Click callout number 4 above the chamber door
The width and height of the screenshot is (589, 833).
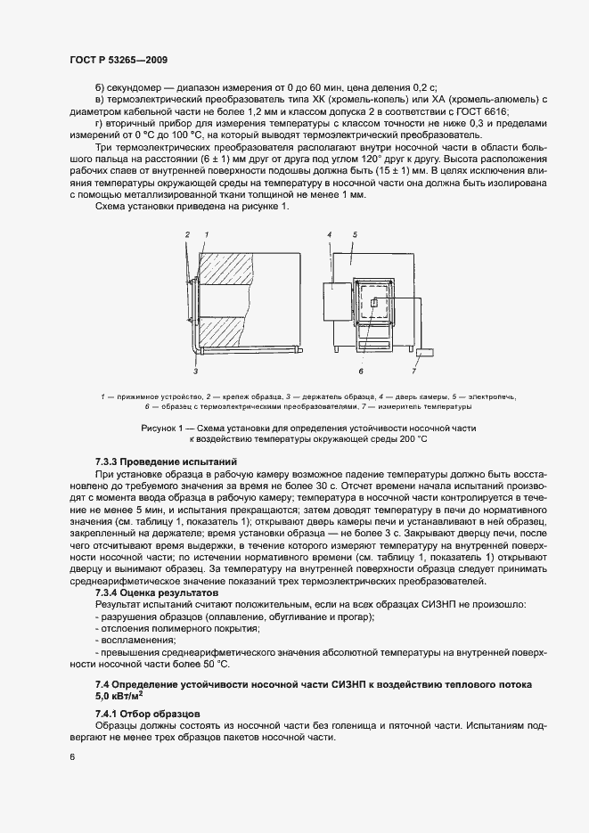(x=329, y=234)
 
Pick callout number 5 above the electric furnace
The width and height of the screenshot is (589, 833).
(x=354, y=234)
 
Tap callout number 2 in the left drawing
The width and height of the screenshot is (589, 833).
(x=188, y=234)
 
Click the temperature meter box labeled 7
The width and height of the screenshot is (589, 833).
(x=424, y=353)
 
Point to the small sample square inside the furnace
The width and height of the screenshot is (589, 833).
(x=374, y=303)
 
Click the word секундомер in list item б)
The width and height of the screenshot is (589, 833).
(x=135, y=87)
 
